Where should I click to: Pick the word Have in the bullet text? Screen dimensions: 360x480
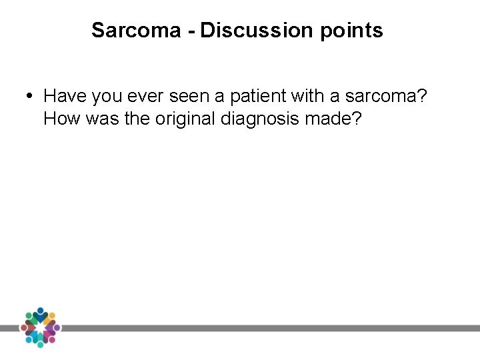pos(65,96)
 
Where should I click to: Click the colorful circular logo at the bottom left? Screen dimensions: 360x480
pos(40,327)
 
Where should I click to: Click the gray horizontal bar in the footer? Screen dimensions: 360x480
pos(267,328)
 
